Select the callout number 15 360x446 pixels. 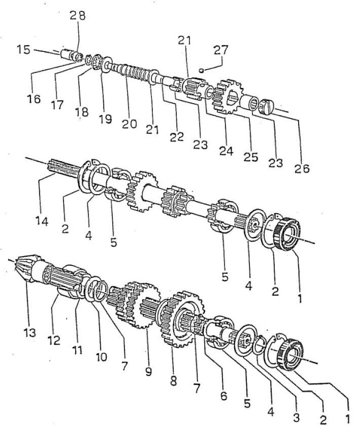24,50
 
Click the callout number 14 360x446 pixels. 42,221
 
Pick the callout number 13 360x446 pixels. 30,332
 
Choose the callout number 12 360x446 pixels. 54,339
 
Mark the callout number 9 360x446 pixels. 148,371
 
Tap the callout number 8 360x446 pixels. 173,380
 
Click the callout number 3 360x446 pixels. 296,418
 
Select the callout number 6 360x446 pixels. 223,395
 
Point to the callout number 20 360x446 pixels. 129,124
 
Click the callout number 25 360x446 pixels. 251,157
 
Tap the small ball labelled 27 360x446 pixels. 201,70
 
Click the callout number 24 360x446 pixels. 226,151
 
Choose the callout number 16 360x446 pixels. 34,99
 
